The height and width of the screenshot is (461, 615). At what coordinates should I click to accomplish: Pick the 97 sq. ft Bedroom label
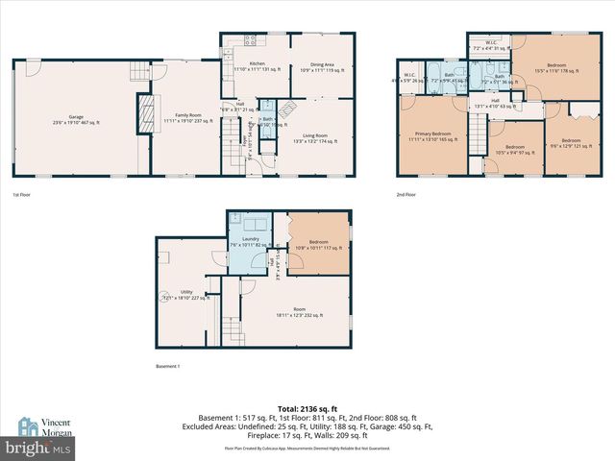(508, 151)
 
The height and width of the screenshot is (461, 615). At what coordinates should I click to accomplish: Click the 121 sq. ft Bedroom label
(571, 143)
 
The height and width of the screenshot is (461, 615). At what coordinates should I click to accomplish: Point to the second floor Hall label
(495, 102)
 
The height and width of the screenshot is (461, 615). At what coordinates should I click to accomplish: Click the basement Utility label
(185, 295)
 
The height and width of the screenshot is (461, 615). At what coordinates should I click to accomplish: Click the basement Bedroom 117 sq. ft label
(319, 246)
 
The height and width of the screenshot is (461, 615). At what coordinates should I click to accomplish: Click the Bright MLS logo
(38, 448)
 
